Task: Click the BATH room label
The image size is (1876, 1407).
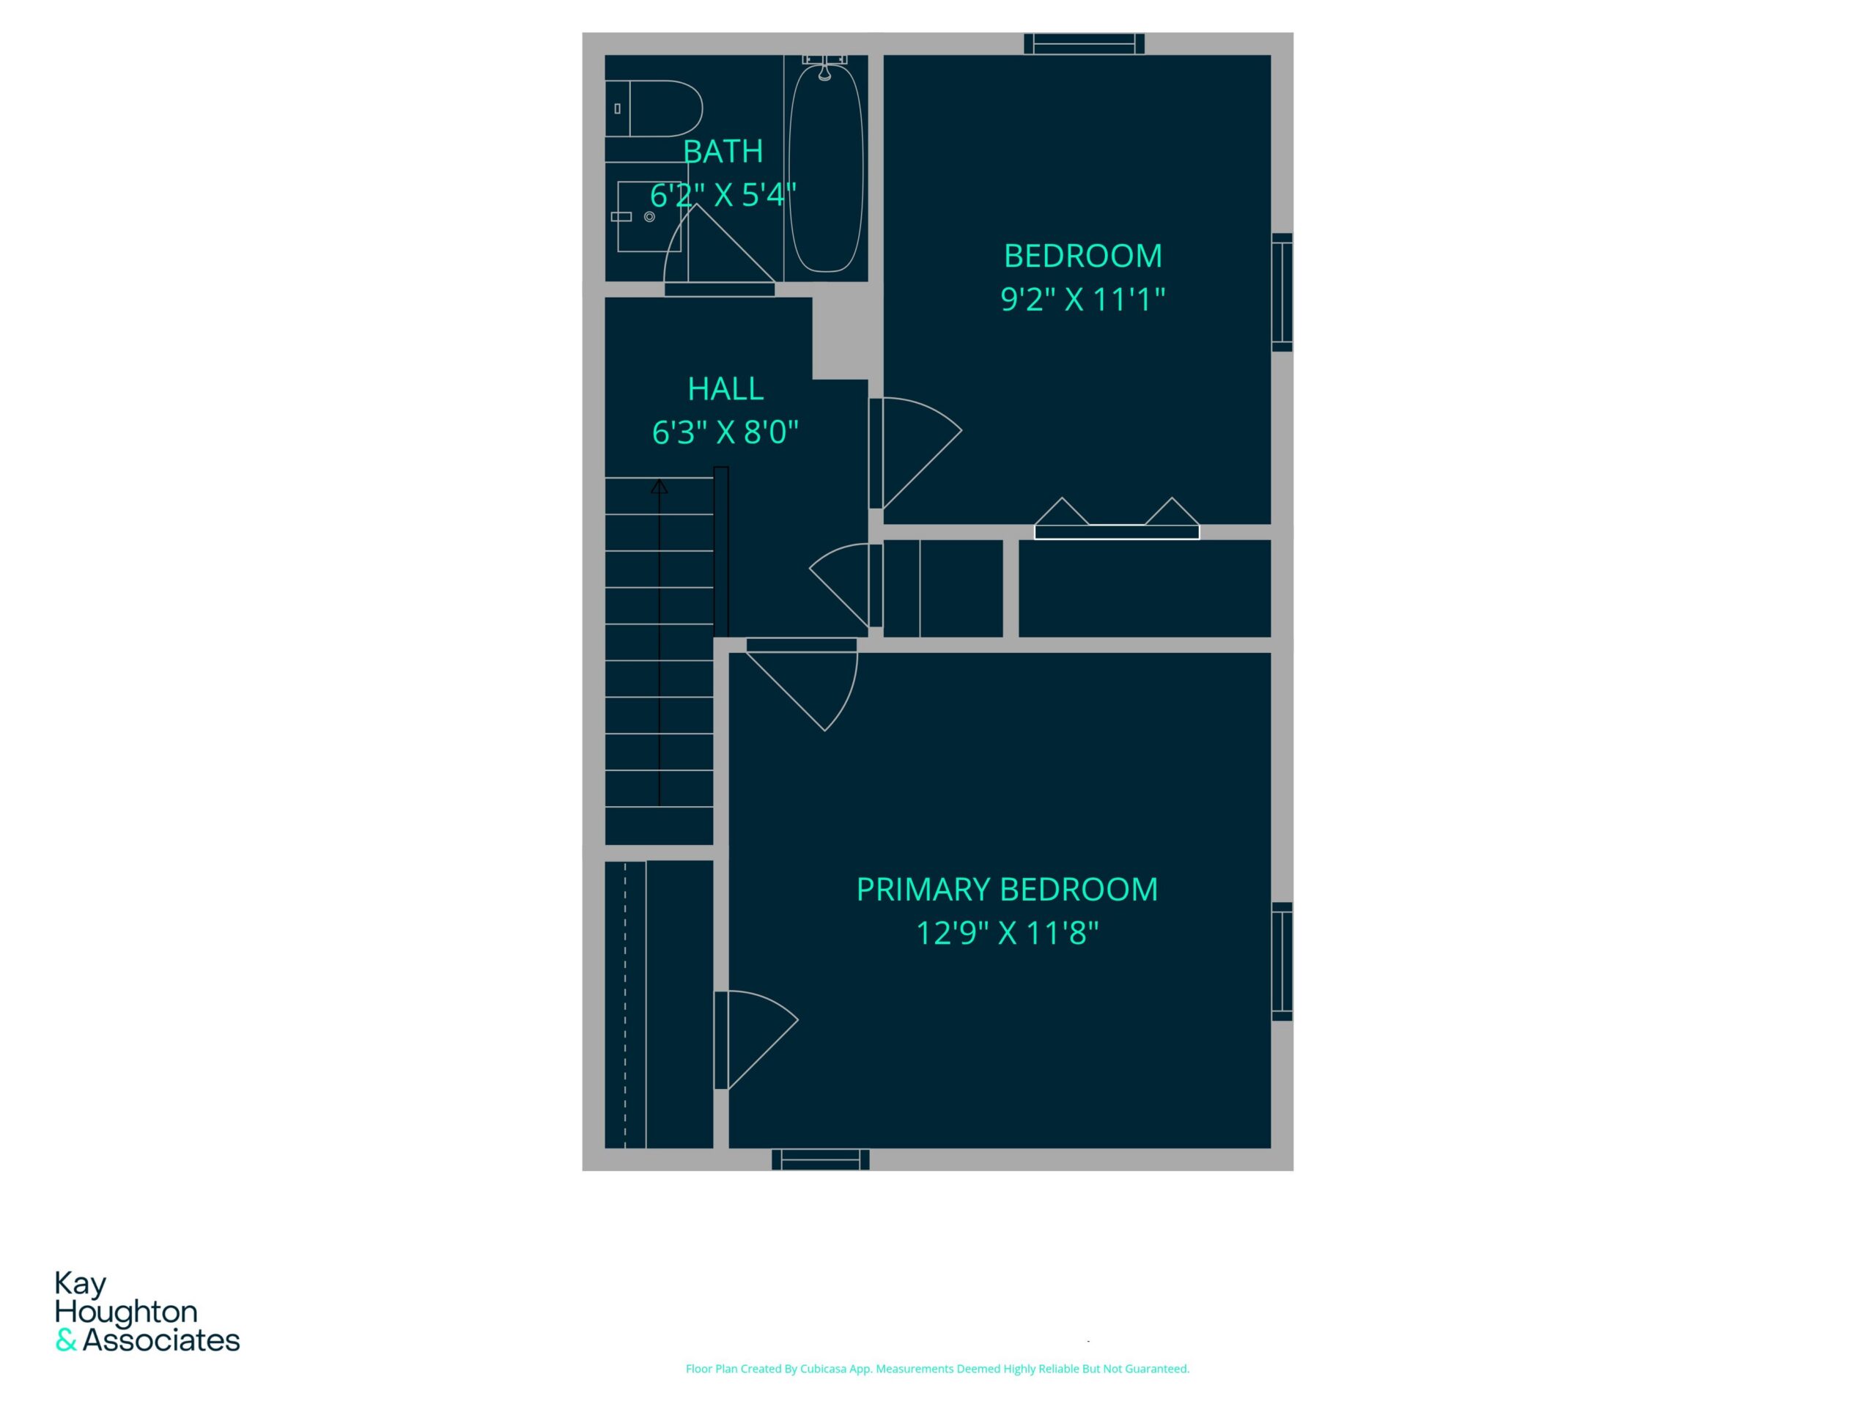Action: pyautogui.click(x=723, y=152)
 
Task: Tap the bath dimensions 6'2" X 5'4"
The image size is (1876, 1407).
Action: pyautogui.click(x=723, y=195)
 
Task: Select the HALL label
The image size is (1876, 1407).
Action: pyautogui.click(x=725, y=389)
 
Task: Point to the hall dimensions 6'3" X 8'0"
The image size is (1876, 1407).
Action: pyautogui.click(x=725, y=432)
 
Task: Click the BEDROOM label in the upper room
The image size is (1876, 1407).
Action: pyautogui.click(x=1083, y=256)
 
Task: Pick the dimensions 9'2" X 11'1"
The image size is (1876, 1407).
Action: pyautogui.click(x=1083, y=300)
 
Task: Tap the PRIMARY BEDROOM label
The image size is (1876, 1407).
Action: pyautogui.click(x=1007, y=890)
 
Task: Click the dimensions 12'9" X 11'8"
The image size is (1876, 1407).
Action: pyautogui.click(x=1007, y=934)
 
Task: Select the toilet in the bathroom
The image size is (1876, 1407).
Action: pyautogui.click(x=654, y=108)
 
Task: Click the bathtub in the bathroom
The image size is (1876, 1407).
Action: pyautogui.click(x=825, y=166)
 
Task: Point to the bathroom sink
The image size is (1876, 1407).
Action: pyautogui.click(x=649, y=216)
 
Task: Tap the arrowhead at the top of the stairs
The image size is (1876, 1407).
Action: pyautogui.click(x=659, y=486)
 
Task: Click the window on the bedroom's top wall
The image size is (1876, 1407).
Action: pyautogui.click(x=1084, y=44)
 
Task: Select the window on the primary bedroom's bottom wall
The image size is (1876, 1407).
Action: pyautogui.click(x=820, y=1159)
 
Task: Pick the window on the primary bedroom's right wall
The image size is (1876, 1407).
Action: pyautogui.click(x=1282, y=961)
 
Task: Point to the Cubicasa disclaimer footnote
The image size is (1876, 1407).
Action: pyautogui.click(x=937, y=1368)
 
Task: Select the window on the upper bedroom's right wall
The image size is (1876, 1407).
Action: pyautogui.click(x=1282, y=292)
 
